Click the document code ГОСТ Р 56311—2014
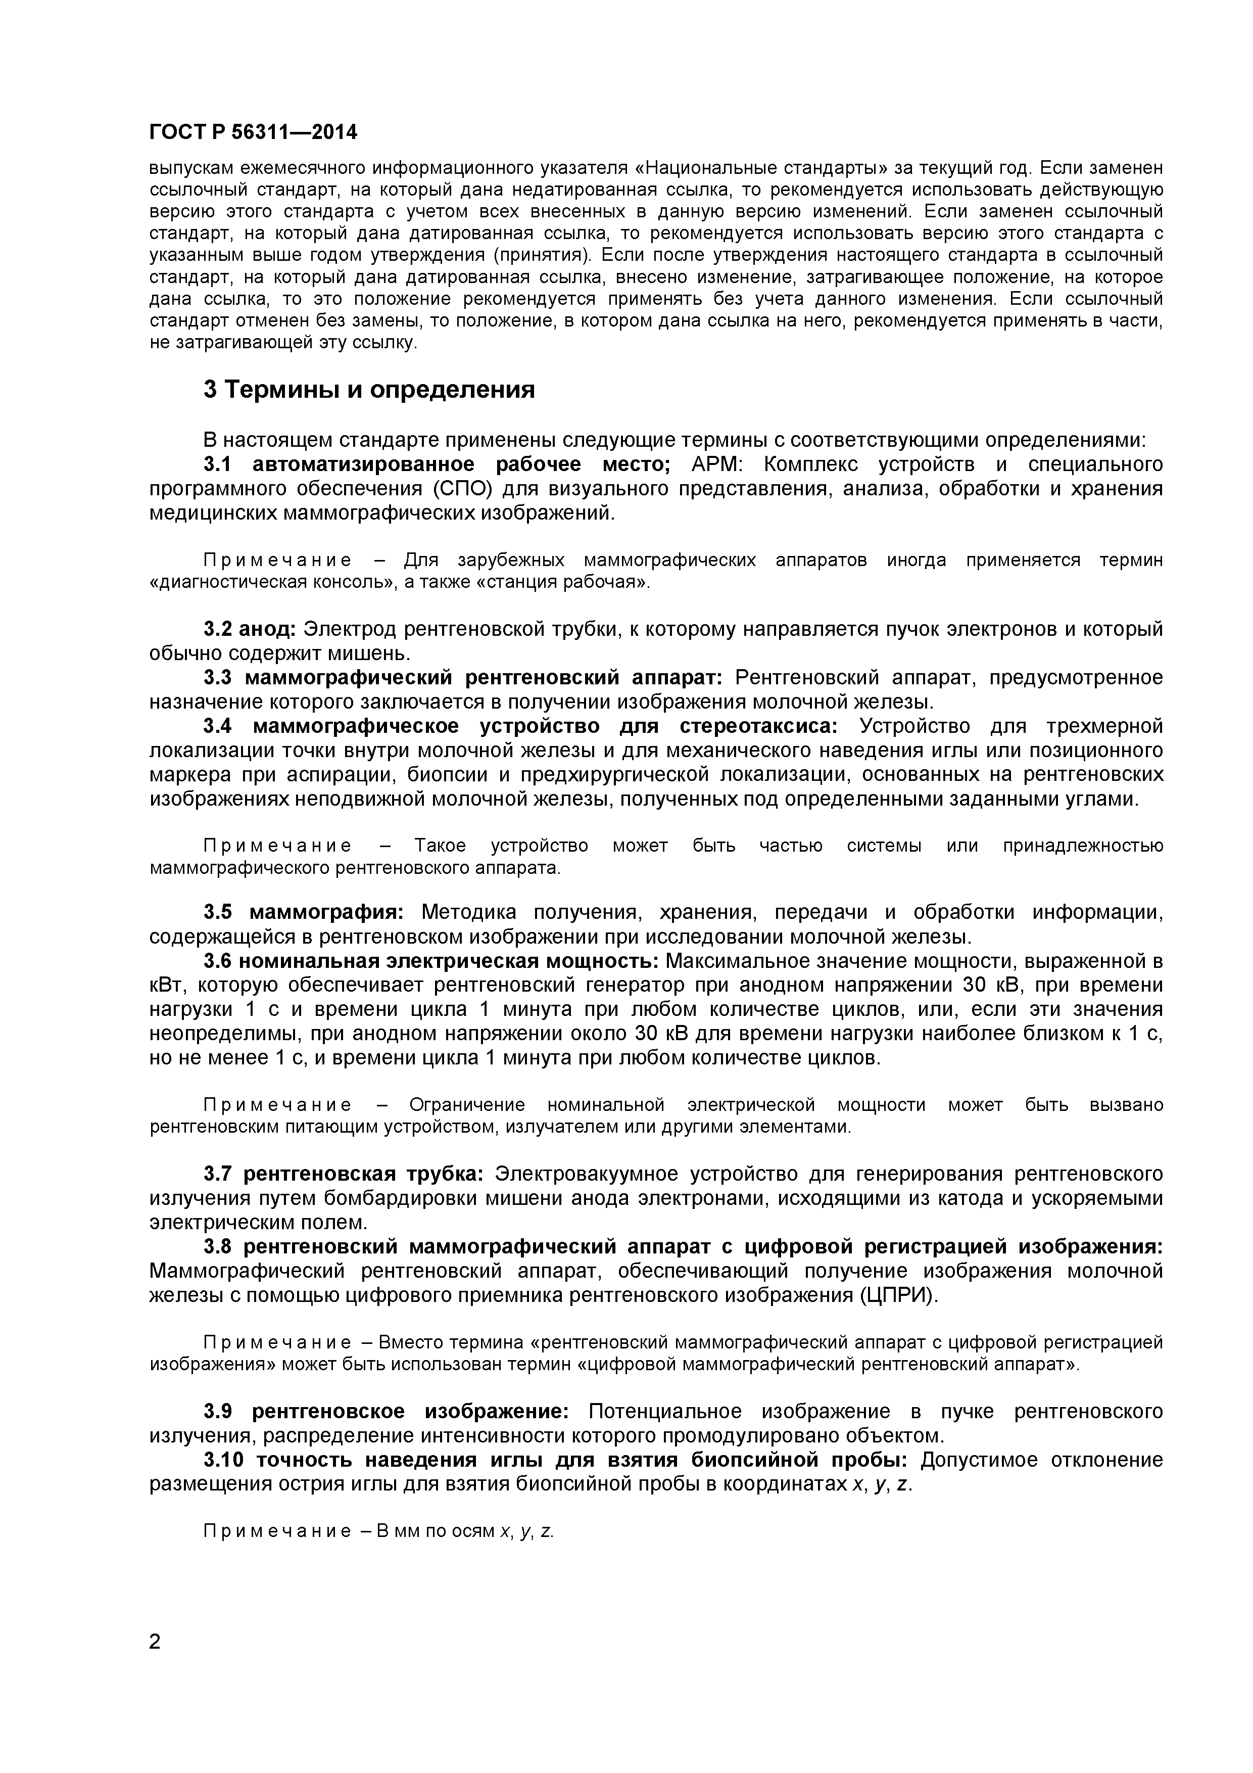pyautogui.click(x=253, y=133)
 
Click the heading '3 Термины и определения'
pyautogui.click(x=369, y=390)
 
